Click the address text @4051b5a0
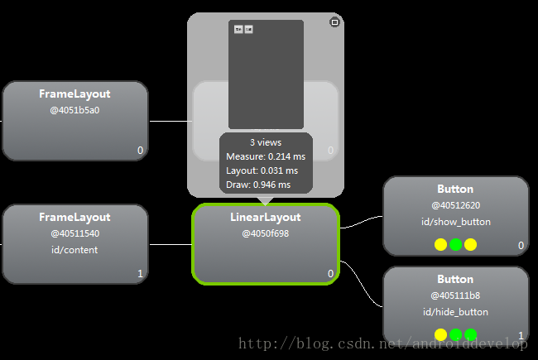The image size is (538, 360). point(74,110)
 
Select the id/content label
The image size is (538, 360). point(74,250)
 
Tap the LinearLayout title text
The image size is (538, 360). point(265,217)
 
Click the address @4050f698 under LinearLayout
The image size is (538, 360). point(265,233)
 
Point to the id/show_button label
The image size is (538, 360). point(455,222)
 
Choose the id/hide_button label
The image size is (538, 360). point(455,312)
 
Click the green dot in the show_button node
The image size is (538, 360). point(455,245)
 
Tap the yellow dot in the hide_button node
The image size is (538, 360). point(440,335)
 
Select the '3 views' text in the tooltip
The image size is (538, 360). point(266,142)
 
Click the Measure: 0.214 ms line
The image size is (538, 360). point(266,156)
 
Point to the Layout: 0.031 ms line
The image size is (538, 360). point(262,170)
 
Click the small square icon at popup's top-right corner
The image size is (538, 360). point(334,22)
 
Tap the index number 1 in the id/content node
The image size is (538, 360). point(140,273)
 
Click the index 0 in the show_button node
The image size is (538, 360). point(521,246)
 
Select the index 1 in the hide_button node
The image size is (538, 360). point(521,335)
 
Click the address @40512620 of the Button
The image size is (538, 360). point(455,205)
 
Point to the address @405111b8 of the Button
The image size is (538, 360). point(455,295)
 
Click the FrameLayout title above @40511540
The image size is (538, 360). point(74,217)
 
